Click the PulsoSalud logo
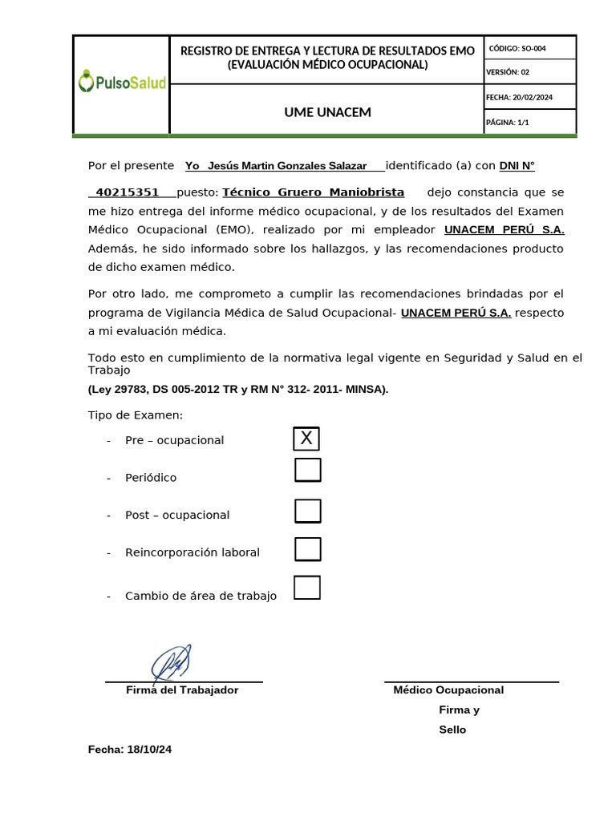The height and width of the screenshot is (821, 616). [x=122, y=82]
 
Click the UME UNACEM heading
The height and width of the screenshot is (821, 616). [x=327, y=112]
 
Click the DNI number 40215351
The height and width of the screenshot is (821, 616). [x=127, y=192]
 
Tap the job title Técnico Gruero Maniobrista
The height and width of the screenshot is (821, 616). [x=313, y=192]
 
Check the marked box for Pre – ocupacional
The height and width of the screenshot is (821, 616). [x=306, y=439]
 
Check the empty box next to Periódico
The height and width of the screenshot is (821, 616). [x=308, y=470]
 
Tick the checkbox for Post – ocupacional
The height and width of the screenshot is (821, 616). [x=308, y=511]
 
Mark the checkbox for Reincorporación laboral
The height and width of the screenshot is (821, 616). [x=308, y=549]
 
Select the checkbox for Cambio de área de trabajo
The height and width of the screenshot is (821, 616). [x=307, y=588]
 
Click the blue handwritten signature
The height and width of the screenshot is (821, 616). [x=172, y=664]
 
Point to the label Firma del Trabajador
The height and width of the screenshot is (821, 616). [x=182, y=690]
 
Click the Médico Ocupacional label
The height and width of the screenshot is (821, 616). [x=448, y=690]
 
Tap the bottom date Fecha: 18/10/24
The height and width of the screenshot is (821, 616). [x=130, y=750]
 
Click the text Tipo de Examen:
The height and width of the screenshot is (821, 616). [x=135, y=415]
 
